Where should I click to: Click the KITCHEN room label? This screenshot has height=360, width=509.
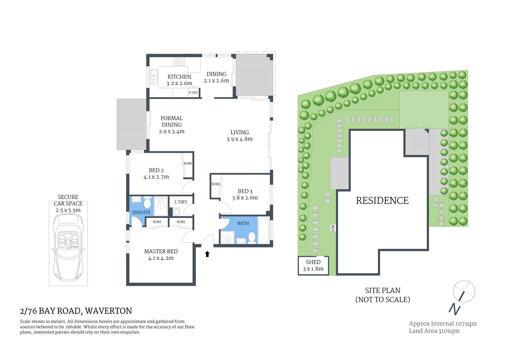(x=179, y=76)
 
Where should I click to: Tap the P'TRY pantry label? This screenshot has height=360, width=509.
(x=193, y=93)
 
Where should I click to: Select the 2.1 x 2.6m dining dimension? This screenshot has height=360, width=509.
(x=216, y=81)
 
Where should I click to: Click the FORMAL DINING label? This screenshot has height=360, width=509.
(x=172, y=121)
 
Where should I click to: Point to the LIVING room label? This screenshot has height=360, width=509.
(x=240, y=132)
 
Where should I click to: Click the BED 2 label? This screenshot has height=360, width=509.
(x=156, y=170)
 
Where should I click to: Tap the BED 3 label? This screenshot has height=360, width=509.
(x=245, y=191)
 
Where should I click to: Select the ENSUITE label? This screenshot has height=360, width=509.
(x=141, y=212)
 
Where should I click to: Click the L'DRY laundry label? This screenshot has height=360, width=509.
(x=181, y=202)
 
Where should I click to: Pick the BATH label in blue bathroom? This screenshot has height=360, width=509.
(x=243, y=223)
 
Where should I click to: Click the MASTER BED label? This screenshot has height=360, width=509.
(x=161, y=251)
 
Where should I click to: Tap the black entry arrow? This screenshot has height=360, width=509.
(x=207, y=254)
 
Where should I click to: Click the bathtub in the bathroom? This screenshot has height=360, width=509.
(x=264, y=230)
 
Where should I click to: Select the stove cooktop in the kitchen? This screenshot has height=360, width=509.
(x=179, y=61)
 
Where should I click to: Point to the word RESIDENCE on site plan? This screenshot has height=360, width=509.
(x=382, y=201)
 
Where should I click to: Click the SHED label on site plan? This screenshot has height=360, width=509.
(x=313, y=262)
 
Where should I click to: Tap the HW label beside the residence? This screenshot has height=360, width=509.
(x=332, y=228)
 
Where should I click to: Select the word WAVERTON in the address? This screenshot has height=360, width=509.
(x=108, y=311)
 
